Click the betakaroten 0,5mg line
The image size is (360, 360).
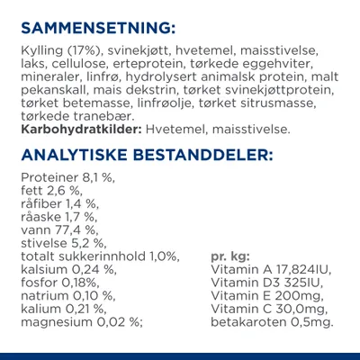click(x=271, y=321)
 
